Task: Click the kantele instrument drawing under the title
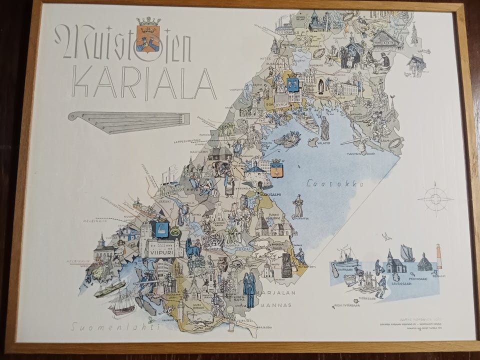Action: point(129,122)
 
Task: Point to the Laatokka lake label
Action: point(335,183)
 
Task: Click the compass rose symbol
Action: point(435,198)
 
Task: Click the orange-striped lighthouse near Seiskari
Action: point(439,256)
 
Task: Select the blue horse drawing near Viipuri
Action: point(192,247)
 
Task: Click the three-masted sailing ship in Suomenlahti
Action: point(122,303)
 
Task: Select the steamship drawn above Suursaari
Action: point(346,257)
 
